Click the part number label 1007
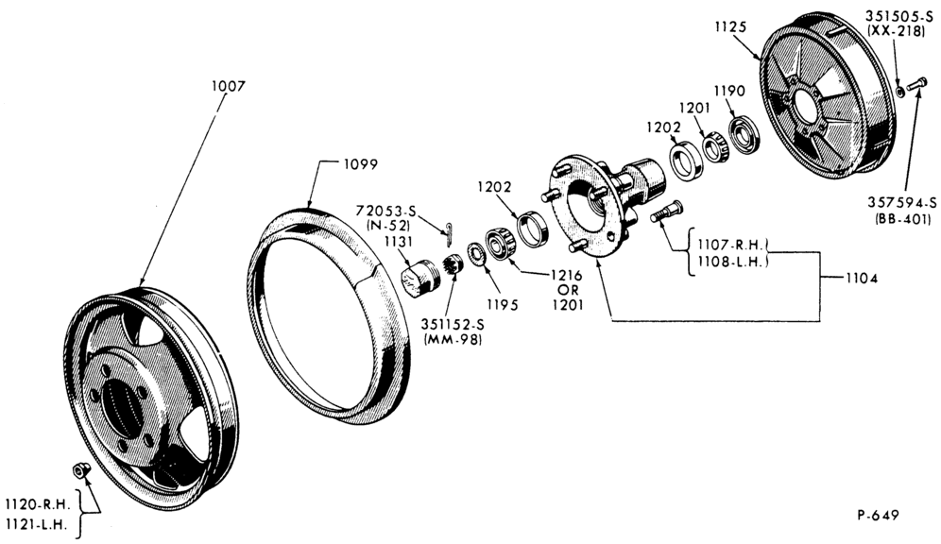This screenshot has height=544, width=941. point(228,86)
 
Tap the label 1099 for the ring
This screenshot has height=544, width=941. point(361,163)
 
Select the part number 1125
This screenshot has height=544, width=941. point(730,26)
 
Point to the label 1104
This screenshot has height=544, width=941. point(862,278)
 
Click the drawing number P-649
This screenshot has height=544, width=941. point(879,515)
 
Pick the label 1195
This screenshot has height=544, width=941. point(502,305)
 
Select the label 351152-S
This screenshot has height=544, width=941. point(453,324)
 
